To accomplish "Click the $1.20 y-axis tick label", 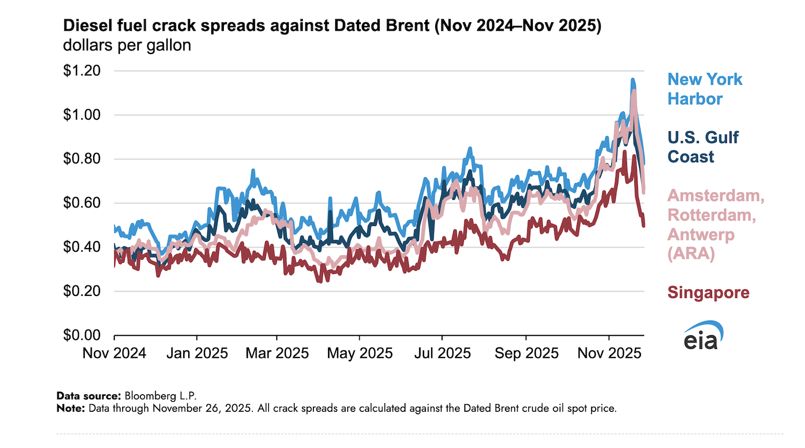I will [82, 70].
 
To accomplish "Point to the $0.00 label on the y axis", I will [82, 335].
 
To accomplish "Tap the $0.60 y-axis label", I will [82, 203].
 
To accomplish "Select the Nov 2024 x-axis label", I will [114, 353].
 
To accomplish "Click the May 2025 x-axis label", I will [360, 353].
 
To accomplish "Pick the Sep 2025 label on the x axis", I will [526, 353].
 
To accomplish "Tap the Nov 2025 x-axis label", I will [609, 353].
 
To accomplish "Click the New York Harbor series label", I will [704, 89].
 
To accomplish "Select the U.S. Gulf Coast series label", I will [703, 147].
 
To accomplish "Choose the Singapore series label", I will [708, 292].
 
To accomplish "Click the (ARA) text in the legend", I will [691, 254].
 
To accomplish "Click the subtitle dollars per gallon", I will [127, 45].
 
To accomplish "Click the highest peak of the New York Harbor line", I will [632, 80].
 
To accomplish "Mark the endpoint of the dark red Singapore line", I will [643, 226].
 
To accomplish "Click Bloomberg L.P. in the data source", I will [160, 396].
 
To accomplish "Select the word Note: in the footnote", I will [71, 408].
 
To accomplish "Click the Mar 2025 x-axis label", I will [277, 353].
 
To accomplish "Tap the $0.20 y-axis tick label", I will [82, 291].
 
